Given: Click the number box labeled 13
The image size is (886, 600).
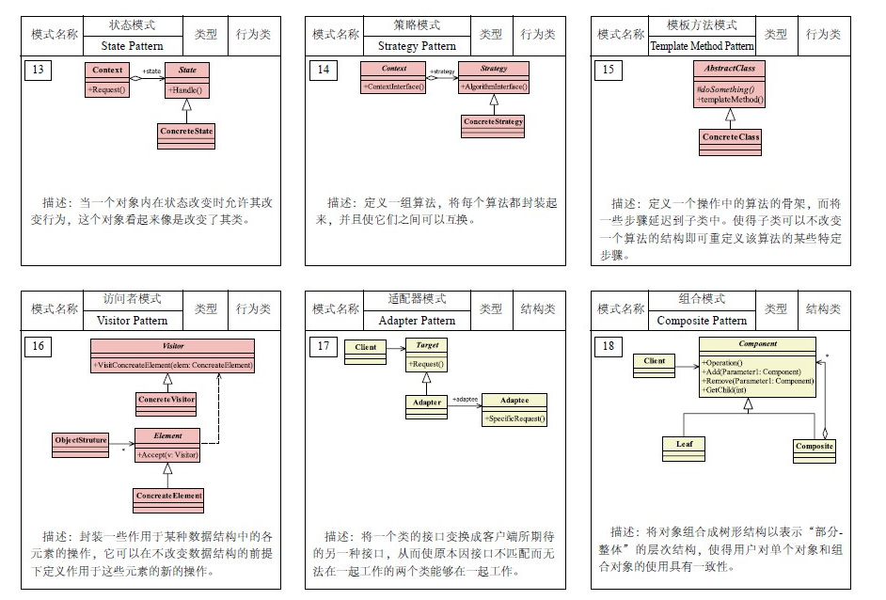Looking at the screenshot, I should (x=37, y=71).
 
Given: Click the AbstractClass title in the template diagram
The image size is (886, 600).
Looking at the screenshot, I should (x=729, y=69).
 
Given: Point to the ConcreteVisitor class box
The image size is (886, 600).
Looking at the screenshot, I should (x=166, y=400).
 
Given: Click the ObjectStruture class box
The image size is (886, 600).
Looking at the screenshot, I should (x=80, y=440).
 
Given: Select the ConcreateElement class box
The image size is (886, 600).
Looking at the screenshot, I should (x=168, y=496).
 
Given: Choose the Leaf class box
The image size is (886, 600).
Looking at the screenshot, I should (x=684, y=444).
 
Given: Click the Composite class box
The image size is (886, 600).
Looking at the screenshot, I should (x=814, y=446).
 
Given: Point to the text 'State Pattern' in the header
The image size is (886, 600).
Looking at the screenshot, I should (x=132, y=46).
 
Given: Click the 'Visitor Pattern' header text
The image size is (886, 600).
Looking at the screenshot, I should (x=132, y=321).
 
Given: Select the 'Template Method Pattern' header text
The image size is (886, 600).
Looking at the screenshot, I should (x=702, y=46).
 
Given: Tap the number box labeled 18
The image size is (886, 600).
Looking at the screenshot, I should (x=608, y=347).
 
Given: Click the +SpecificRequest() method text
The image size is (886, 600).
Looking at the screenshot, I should (x=514, y=418).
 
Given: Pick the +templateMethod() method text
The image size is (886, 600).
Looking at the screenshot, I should (x=730, y=99).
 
